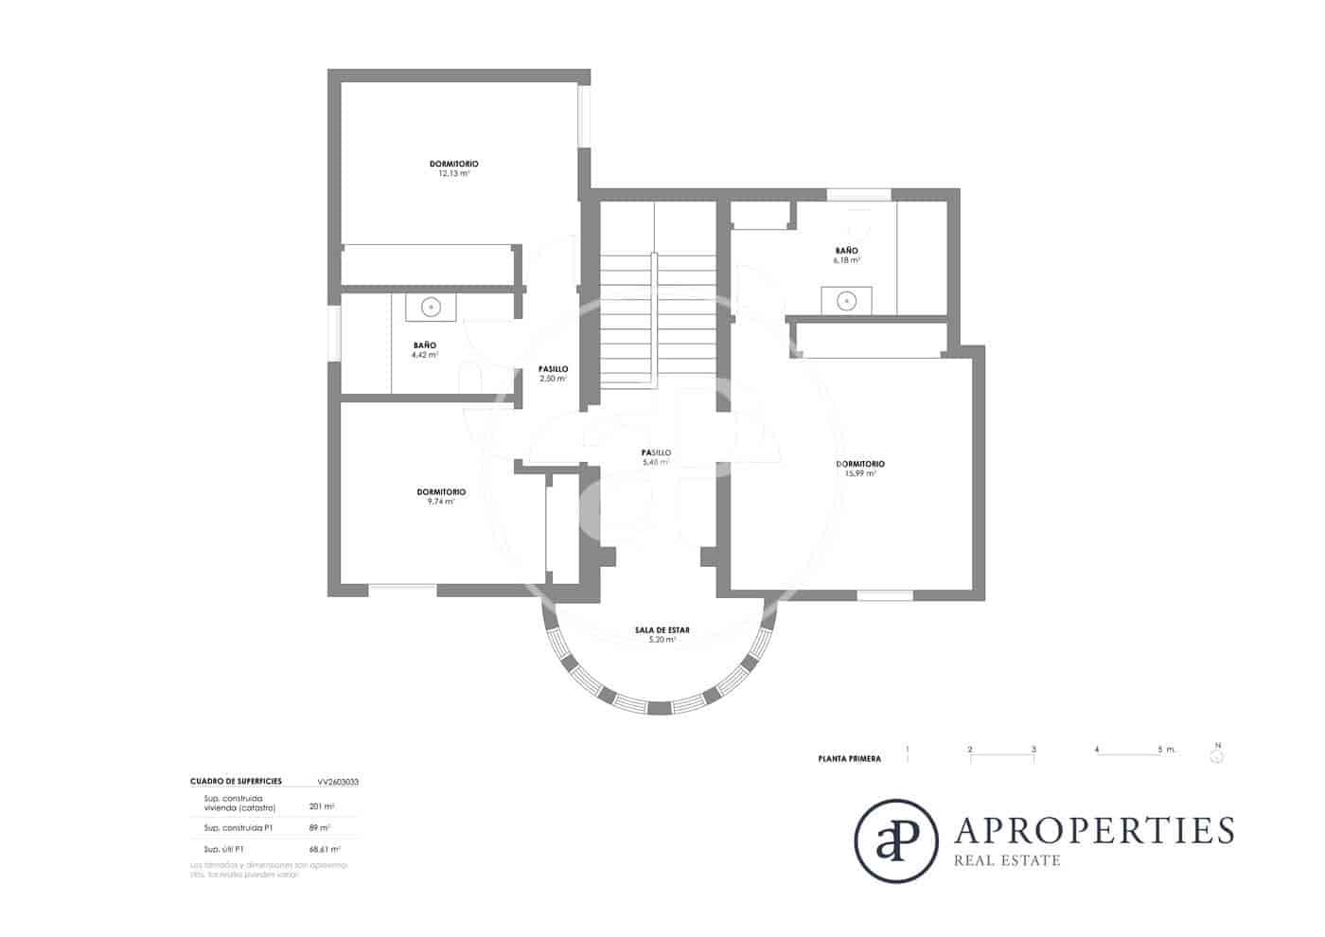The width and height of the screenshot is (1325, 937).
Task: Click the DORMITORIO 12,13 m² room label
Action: tap(453, 168)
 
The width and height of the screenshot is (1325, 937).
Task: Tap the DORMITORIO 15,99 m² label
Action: tap(860, 468)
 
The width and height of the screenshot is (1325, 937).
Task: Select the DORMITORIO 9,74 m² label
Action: tap(441, 497)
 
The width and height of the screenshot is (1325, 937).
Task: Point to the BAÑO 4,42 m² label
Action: tap(424, 350)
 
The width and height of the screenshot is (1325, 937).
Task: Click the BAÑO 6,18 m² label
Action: tap(846, 255)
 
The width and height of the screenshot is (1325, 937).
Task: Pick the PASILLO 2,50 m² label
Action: tap(553, 374)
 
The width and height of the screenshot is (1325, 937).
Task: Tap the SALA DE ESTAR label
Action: tap(662, 634)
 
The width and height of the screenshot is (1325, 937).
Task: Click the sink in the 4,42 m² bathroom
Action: tap(431, 307)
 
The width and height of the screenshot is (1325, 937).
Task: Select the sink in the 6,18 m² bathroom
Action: tap(847, 301)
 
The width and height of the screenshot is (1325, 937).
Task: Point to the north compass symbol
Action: tap(1218, 755)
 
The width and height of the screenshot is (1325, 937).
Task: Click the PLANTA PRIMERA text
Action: tap(849, 759)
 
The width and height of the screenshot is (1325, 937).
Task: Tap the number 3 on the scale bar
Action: tap(1033, 750)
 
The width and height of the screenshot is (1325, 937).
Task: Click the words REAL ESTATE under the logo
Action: tap(1007, 860)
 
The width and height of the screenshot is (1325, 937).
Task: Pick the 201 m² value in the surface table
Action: tap(322, 806)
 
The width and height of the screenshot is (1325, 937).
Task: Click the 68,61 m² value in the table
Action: tap(325, 849)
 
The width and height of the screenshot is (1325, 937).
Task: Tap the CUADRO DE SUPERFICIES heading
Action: tap(236, 782)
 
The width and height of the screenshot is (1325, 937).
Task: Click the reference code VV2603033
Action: tap(338, 783)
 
